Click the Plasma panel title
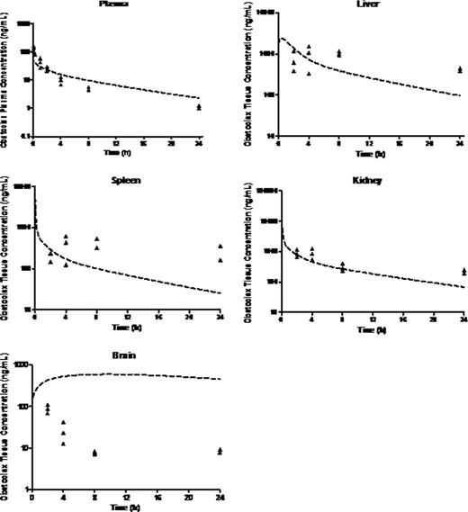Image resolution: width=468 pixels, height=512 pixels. [112, 4]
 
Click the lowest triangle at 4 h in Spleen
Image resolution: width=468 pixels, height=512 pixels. [66, 265]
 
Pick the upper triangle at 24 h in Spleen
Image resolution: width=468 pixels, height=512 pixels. [219, 246]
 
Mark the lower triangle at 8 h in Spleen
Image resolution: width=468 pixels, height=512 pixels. [96, 247]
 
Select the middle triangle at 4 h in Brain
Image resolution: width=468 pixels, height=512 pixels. [63, 433]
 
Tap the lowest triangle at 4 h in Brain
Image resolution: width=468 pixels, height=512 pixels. [63, 443]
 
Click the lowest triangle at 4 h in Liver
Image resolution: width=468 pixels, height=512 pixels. [309, 73]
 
